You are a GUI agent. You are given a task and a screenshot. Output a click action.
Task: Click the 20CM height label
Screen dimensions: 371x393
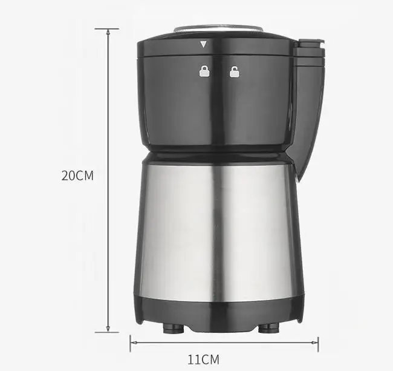click(x=77, y=176)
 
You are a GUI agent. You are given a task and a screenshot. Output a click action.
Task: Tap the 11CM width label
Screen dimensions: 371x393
click(x=203, y=360)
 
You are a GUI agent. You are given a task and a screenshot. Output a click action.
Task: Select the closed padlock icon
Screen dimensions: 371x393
click(x=204, y=72)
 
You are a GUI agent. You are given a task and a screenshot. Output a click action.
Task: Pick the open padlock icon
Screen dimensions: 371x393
click(x=233, y=72)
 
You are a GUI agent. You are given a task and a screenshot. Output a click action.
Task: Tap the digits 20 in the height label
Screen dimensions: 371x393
click(x=68, y=176)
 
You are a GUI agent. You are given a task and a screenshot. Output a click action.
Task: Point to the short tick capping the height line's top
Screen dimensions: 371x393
click(x=108, y=28)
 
